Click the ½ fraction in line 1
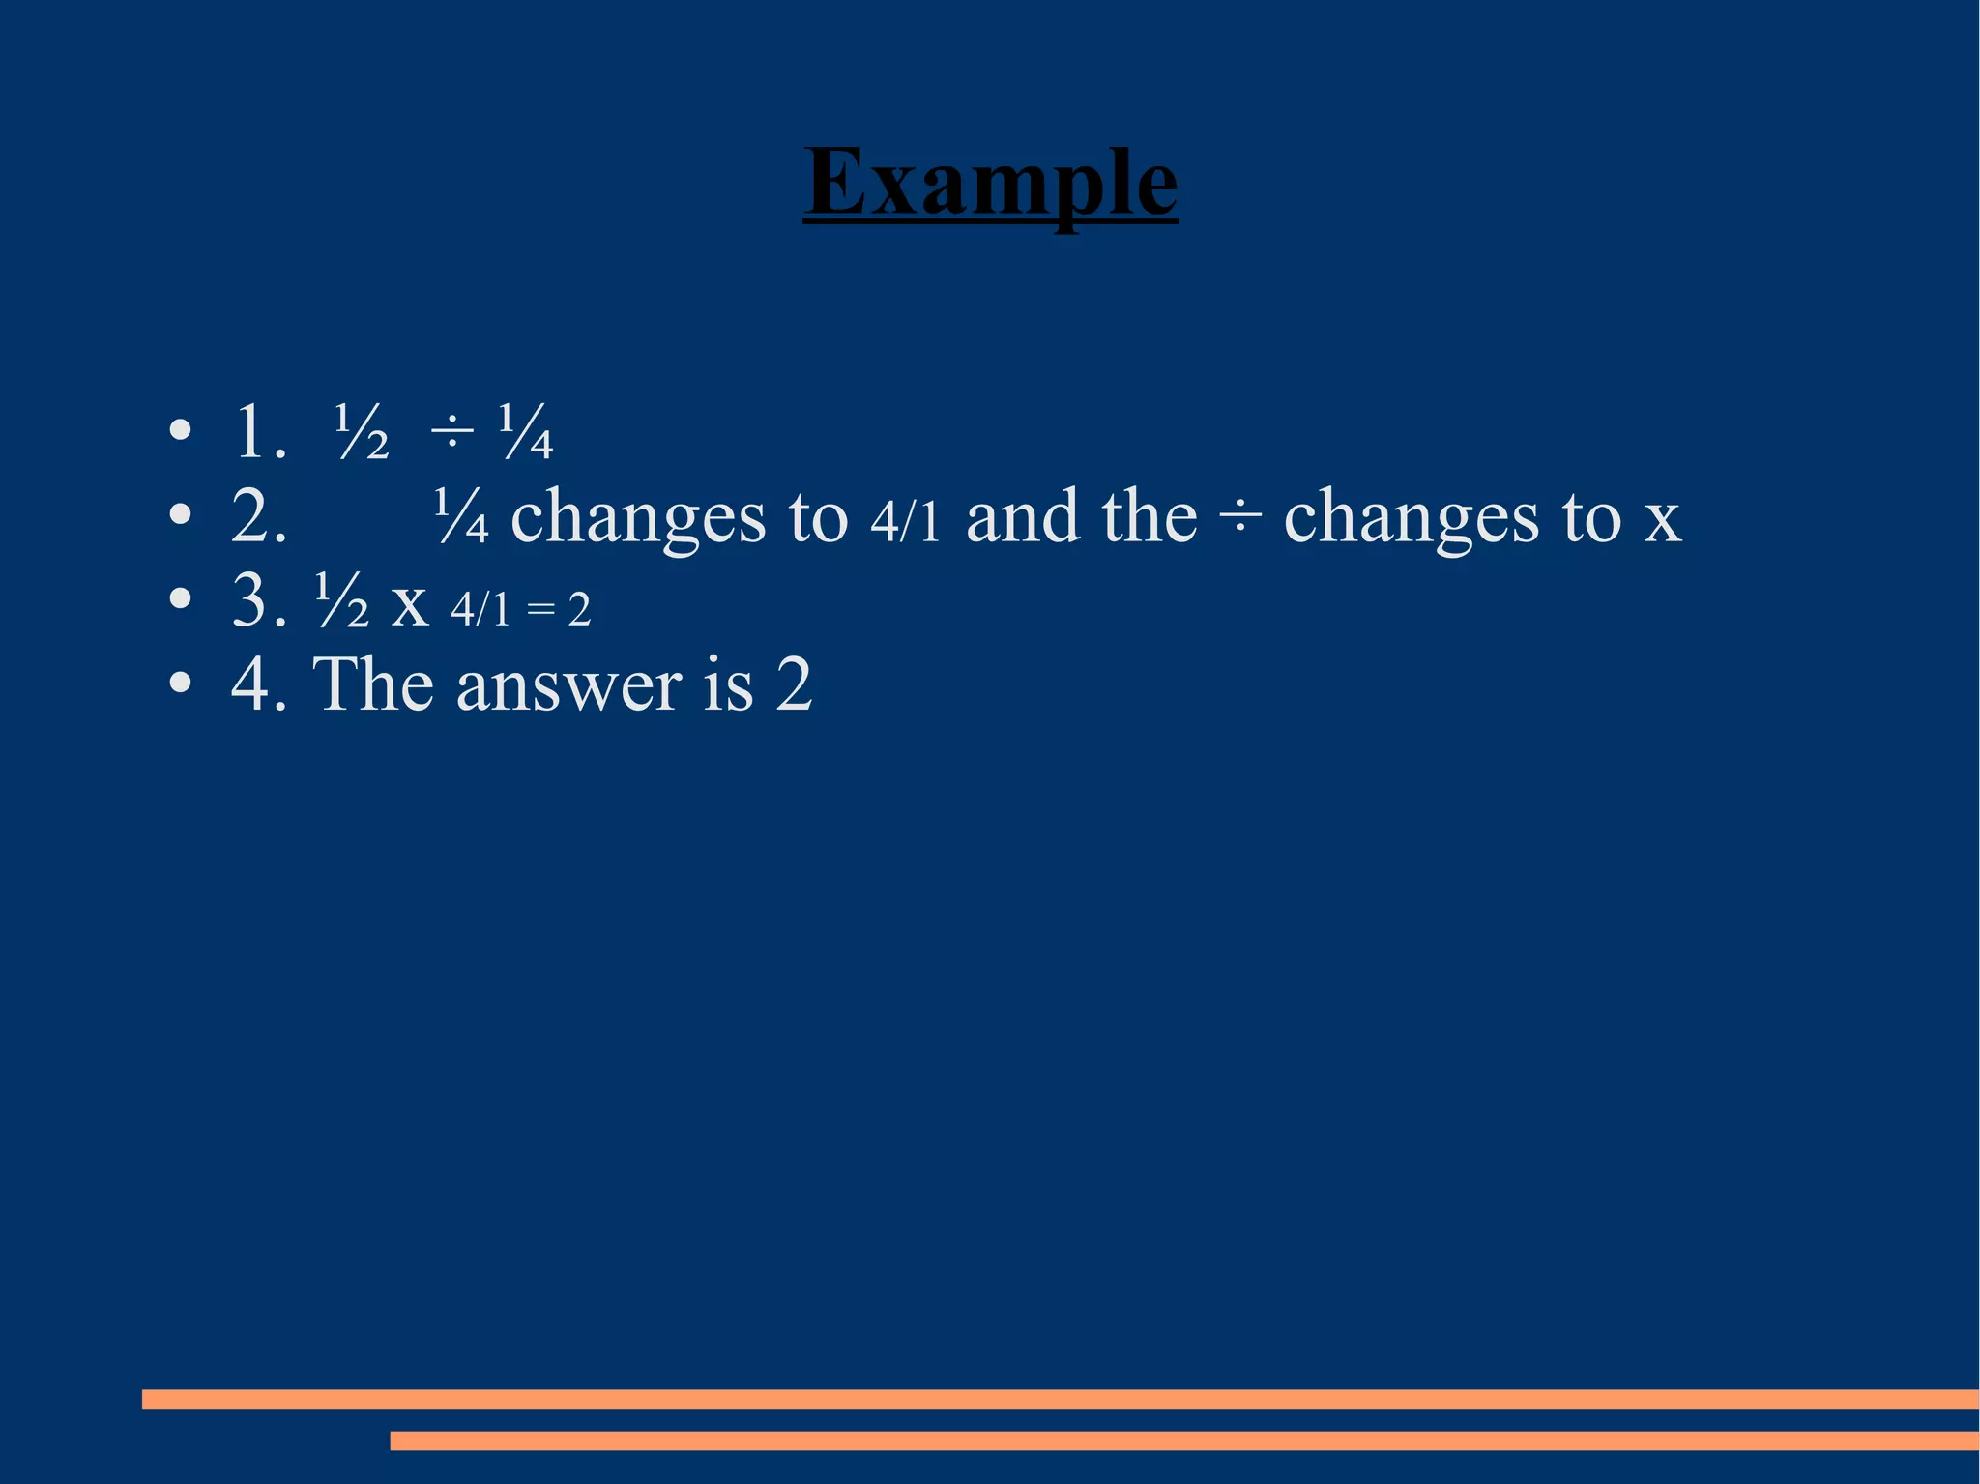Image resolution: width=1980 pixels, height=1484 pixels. [x=362, y=432]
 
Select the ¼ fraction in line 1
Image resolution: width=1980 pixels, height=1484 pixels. [x=525, y=432]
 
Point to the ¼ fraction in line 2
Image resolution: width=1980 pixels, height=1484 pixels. [x=461, y=516]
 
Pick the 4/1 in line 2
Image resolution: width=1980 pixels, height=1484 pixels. [x=905, y=522]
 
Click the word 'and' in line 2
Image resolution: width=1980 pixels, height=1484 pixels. [x=1023, y=516]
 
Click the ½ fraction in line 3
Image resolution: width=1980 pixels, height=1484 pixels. [x=342, y=600]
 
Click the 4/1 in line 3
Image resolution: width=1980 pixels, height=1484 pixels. [x=480, y=609]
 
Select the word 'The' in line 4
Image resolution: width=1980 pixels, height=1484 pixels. [x=372, y=684]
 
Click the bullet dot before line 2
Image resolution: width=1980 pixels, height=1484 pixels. [x=180, y=515]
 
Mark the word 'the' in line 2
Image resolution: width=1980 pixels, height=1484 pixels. [x=1149, y=516]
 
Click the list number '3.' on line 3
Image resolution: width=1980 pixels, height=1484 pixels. [x=259, y=600]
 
